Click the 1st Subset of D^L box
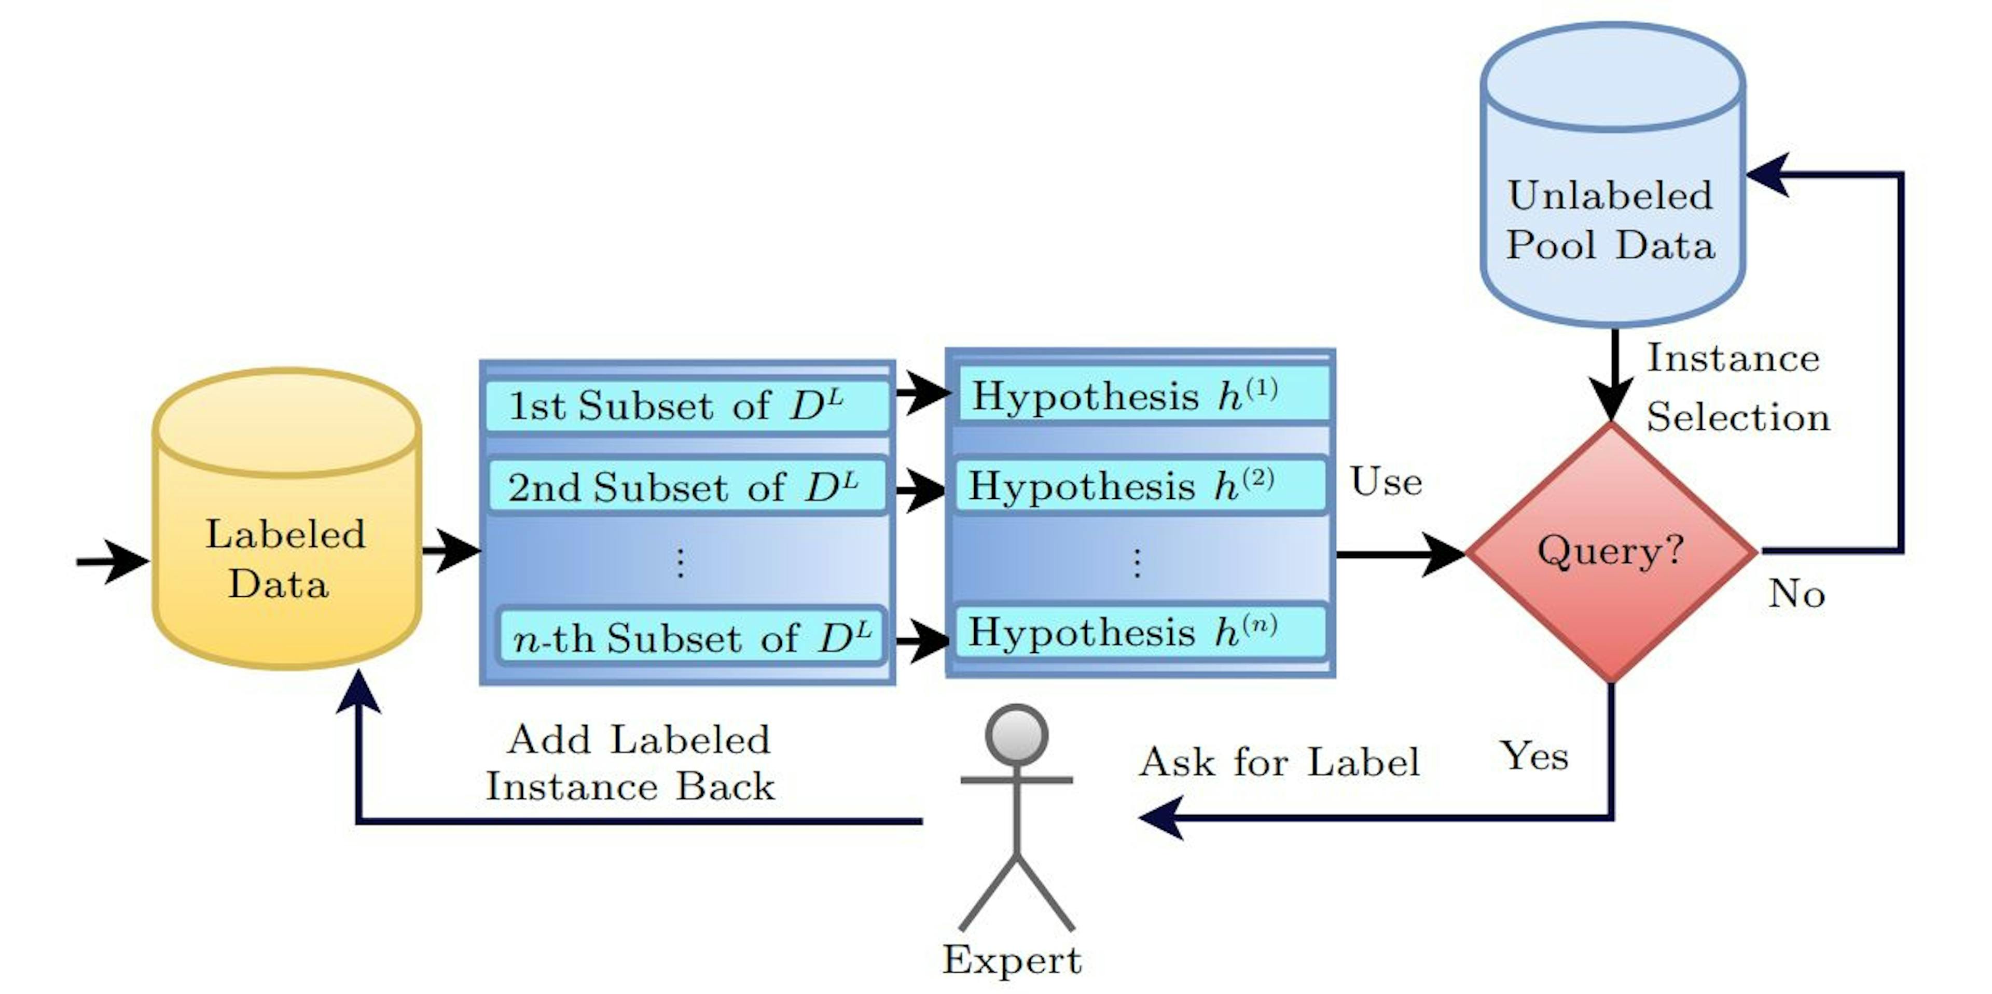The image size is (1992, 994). [687, 405]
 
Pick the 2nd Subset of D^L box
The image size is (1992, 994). [687, 487]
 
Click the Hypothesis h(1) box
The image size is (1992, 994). [1143, 395]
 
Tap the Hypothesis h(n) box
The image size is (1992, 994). [1140, 632]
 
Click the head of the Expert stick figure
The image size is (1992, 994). [1016, 734]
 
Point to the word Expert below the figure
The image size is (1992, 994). [1012, 960]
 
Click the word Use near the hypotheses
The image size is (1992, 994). [1386, 482]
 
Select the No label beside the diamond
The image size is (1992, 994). [1795, 594]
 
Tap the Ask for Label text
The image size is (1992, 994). [1279, 762]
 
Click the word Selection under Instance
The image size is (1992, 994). [1738, 417]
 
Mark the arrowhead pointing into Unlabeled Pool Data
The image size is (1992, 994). [1765, 175]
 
